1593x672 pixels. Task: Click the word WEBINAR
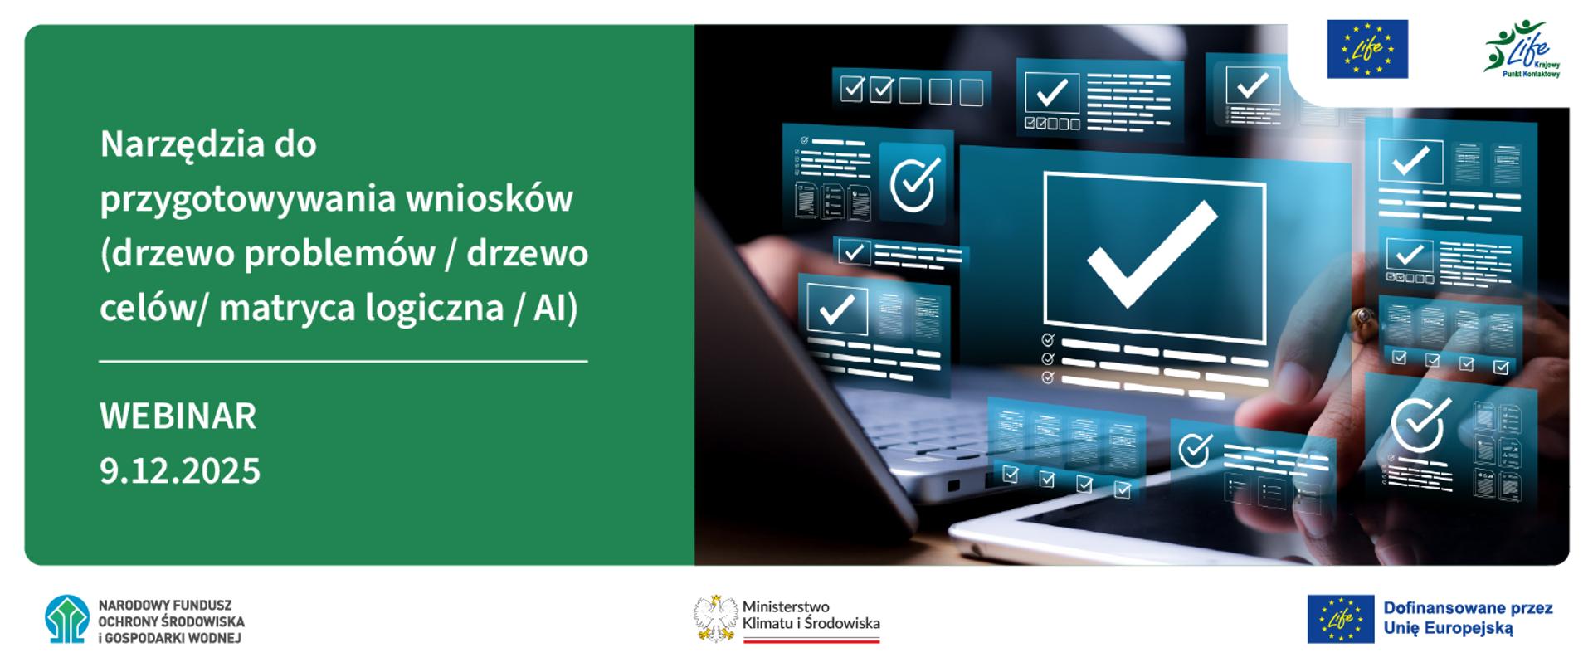[x=178, y=416]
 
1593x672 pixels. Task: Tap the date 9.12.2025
[x=180, y=470]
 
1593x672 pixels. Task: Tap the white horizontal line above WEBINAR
[x=343, y=362]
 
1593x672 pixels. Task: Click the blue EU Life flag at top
[x=1366, y=49]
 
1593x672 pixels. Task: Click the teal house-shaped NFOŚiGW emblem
[x=66, y=619]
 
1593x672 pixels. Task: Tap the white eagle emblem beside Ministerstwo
[x=715, y=619]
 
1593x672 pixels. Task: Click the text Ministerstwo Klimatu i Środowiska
[x=811, y=615]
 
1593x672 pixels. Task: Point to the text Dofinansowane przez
[x=1467, y=608]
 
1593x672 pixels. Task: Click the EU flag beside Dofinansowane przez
[x=1340, y=619]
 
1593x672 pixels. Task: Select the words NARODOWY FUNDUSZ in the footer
[x=164, y=606]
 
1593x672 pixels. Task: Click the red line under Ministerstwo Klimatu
[x=811, y=640]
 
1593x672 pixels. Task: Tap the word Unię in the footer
[x=1403, y=629]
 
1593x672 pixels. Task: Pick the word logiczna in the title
[x=451, y=308]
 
